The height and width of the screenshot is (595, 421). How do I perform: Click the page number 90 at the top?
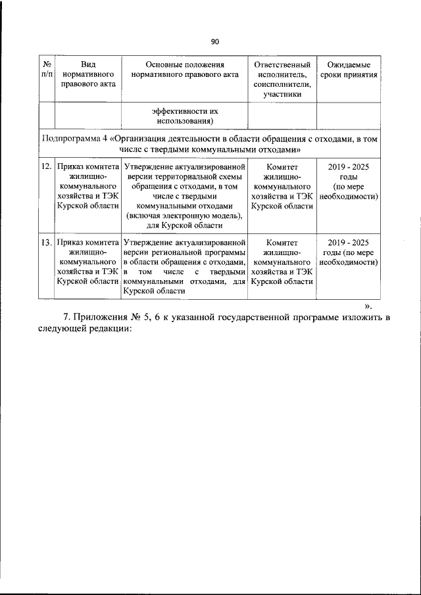coord(214,42)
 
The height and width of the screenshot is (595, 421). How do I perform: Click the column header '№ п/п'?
coord(47,70)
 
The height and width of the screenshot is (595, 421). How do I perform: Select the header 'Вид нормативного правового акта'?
coord(87,74)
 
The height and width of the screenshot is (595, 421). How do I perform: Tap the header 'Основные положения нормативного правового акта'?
coord(184,70)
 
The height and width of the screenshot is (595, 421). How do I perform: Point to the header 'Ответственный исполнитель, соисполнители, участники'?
coord(282,79)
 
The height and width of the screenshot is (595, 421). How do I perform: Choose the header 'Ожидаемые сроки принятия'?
coord(348,70)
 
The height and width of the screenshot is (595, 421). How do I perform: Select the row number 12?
coord(47,167)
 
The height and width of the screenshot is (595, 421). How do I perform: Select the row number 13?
coord(47,243)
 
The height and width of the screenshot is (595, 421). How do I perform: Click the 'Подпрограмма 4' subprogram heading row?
coord(211,144)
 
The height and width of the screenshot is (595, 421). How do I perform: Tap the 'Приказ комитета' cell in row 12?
coord(87,186)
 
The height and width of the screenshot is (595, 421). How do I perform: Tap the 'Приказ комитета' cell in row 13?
coord(87,262)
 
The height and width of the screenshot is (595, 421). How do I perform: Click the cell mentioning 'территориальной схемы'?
coord(184,196)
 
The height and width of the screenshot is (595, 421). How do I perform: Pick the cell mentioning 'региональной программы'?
coord(184,266)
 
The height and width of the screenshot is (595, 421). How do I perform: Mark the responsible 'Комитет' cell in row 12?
coord(282,186)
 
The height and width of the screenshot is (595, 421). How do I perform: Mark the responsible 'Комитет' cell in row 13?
coord(282,262)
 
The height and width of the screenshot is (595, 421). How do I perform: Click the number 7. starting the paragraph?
coord(66,318)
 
